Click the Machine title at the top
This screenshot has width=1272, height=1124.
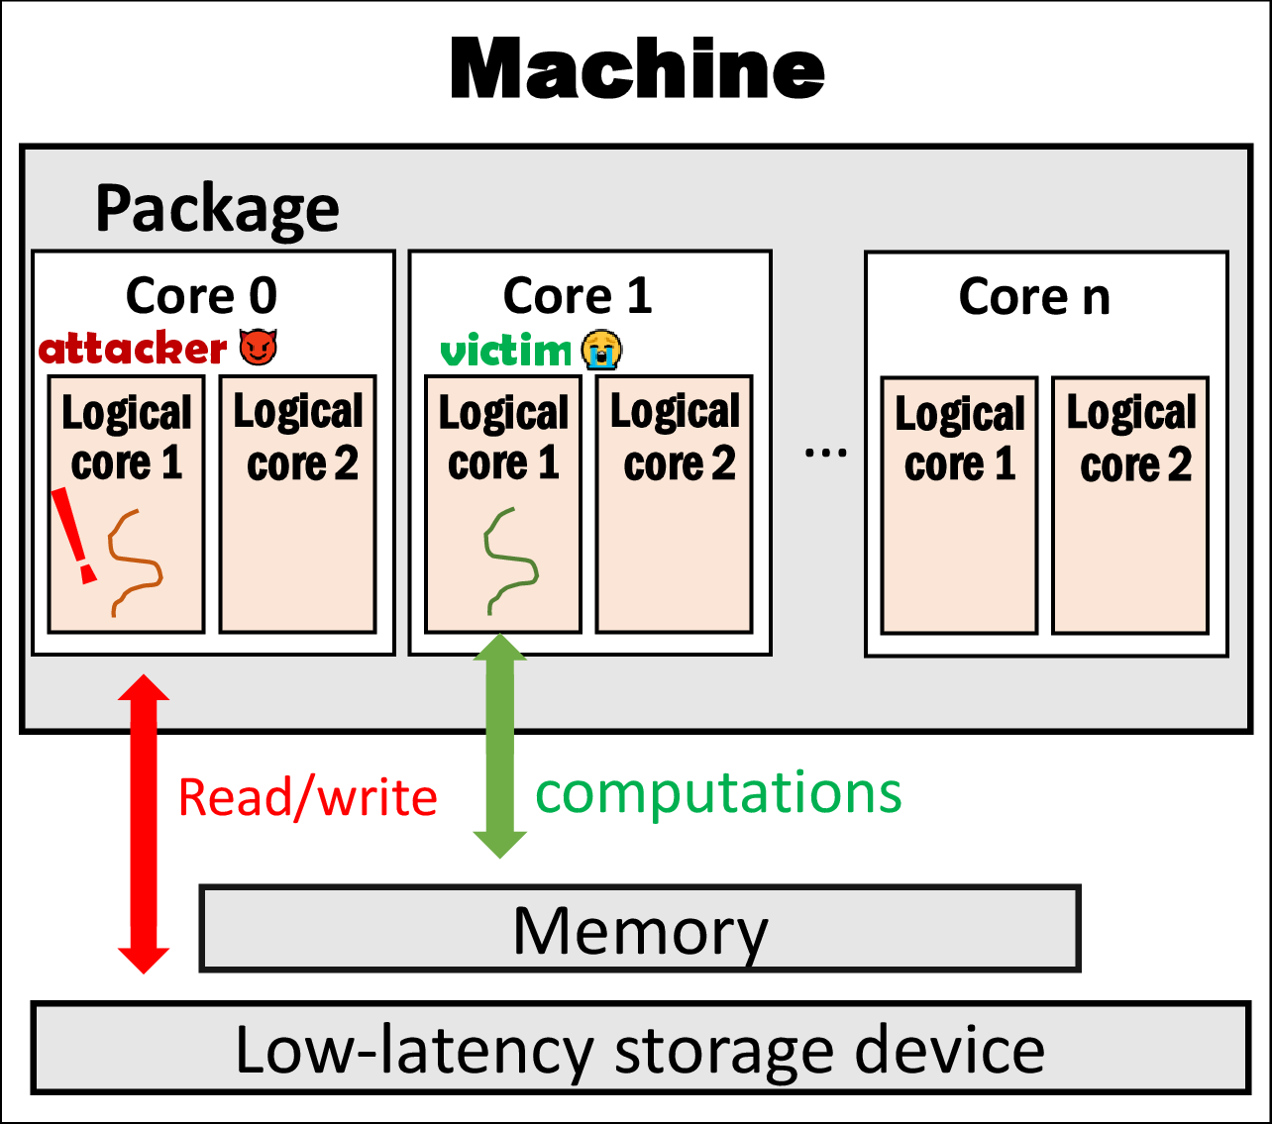pyautogui.click(x=637, y=69)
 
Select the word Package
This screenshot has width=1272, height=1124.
pyautogui.click(x=217, y=209)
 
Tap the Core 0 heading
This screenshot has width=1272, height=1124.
pyautogui.click(x=201, y=295)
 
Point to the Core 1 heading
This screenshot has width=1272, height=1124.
pyautogui.click(x=578, y=295)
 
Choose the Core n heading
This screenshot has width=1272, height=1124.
pyautogui.click(x=1034, y=295)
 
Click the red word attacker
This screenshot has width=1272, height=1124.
pyautogui.click(x=133, y=349)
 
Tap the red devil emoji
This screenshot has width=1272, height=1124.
pyautogui.click(x=259, y=347)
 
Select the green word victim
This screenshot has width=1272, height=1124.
pyautogui.click(x=505, y=351)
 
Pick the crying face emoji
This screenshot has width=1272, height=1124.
pyautogui.click(x=601, y=350)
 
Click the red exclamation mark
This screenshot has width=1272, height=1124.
pyautogui.click(x=74, y=536)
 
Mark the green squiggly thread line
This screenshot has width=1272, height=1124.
pyautogui.click(x=509, y=561)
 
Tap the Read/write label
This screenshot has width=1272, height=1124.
pyautogui.click(x=307, y=797)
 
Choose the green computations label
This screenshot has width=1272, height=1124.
pyautogui.click(x=718, y=793)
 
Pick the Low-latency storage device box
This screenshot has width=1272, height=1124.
pyautogui.click(x=640, y=1049)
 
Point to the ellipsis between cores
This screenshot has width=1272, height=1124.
pyautogui.click(x=825, y=454)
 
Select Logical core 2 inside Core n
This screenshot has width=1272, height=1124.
pyautogui.click(x=1130, y=504)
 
